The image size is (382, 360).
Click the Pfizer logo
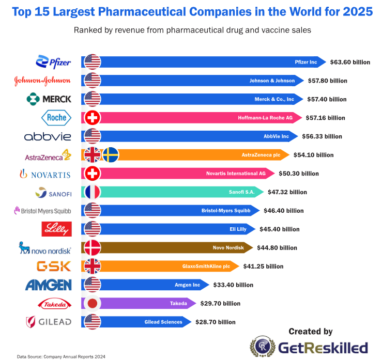pyautogui.click(x=53, y=62)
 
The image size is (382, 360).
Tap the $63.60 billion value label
pyautogui.click(x=350, y=62)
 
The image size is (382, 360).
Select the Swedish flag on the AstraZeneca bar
pyautogui.click(x=111, y=155)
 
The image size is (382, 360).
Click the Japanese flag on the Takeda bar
pyautogui.click(x=93, y=303)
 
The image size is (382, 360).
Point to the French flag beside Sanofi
pyautogui.click(x=93, y=192)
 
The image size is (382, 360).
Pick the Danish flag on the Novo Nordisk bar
pyautogui.click(x=93, y=247)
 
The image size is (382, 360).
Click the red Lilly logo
pyautogui.click(x=56, y=229)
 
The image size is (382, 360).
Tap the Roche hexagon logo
pyautogui.click(x=56, y=118)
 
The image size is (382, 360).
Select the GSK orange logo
pyautogui.click(x=54, y=266)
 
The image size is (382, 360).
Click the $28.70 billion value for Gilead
pyautogui.click(x=216, y=322)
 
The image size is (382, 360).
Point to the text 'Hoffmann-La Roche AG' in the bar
pyautogui.click(x=265, y=118)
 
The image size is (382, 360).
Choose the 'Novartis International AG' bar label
pyautogui.click(x=236, y=174)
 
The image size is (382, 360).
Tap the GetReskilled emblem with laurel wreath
pyautogui.click(x=263, y=347)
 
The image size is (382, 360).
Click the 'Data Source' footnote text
pyautogui.click(x=61, y=356)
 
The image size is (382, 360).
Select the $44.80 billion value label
pyautogui.click(x=277, y=248)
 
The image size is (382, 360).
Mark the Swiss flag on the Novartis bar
pyautogui.click(x=93, y=174)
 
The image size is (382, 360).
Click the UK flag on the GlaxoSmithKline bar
pyautogui.click(x=93, y=267)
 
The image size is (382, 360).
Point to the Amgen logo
pyautogui.click(x=49, y=285)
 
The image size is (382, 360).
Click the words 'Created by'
pyautogui.click(x=310, y=332)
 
